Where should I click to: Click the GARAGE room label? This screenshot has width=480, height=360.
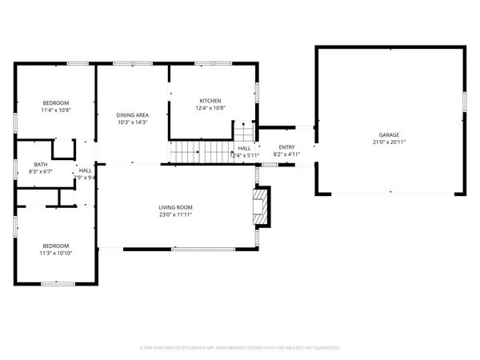389,134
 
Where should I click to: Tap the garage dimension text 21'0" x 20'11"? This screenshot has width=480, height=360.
389,142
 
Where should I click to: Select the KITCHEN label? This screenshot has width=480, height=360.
210,101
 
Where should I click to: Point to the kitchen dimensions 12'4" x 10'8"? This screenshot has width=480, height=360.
210,108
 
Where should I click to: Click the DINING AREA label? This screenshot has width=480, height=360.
132,115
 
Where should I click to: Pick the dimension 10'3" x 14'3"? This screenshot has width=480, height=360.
132,122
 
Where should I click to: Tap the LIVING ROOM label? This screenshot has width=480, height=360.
175,207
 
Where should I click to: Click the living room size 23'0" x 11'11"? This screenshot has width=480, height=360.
175,214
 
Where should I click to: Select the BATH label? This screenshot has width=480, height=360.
40,164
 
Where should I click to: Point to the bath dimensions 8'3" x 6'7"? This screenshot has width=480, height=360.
40,171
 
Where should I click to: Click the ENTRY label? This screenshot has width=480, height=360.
286,147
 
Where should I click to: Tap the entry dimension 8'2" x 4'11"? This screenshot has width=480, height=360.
286,154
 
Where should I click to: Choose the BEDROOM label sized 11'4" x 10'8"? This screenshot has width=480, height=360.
56,102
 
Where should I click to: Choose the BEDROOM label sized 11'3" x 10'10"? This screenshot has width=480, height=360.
56,246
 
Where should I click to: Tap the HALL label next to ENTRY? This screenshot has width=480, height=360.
244,148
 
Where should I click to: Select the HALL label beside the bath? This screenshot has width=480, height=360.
85,170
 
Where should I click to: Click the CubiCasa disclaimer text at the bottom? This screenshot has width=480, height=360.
240,348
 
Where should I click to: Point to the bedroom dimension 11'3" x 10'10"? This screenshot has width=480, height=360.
56,253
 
